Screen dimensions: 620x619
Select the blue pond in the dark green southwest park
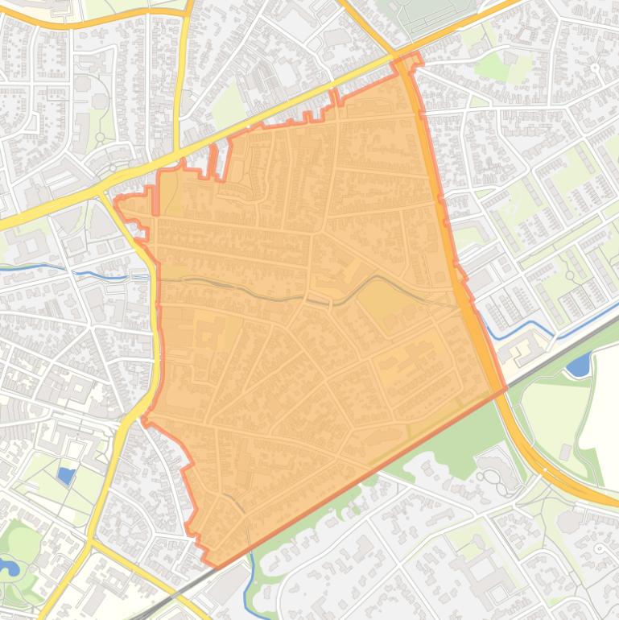pyautogui.click(x=10, y=567)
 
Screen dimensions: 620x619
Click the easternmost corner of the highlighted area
pyautogui.click(x=505, y=389)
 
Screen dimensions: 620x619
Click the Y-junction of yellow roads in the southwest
pyautogui.click(x=90, y=542)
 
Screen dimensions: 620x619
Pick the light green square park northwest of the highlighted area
pyautogui.click(x=229, y=105)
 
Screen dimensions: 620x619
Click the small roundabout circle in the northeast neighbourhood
pyautogui.click(x=596, y=68)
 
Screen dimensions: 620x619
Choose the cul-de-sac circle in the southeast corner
pyautogui.click(x=600, y=548)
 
